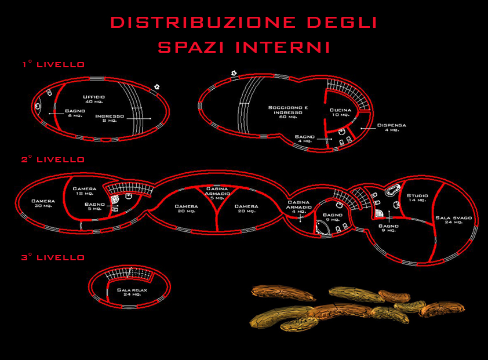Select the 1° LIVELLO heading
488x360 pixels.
click(53, 65)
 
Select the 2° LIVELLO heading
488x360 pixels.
click(53, 159)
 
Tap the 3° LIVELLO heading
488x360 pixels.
click(53, 257)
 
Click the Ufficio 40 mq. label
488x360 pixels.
click(94, 99)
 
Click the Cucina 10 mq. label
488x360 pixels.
click(340, 112)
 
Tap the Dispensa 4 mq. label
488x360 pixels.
click(392, 127)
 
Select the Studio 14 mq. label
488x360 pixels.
click(417, 198)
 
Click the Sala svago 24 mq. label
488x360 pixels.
click(454, 220)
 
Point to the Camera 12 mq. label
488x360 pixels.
click(85, 191)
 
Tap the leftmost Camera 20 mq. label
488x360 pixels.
click(43, 203)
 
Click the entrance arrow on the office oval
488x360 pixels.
click(156, 87)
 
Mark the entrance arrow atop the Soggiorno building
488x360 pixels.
click(234, 73)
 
